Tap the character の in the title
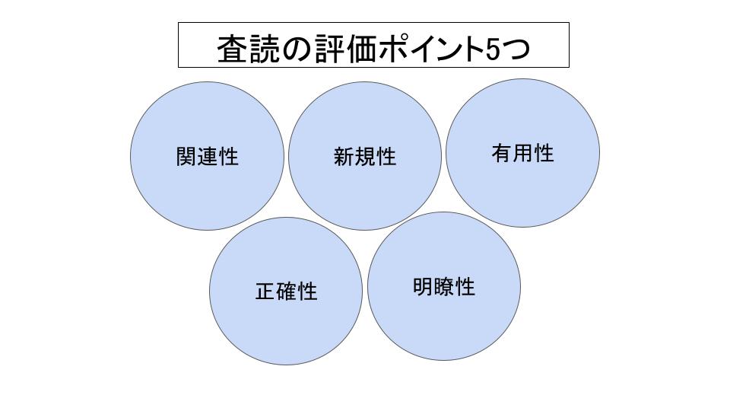tap(297, 49)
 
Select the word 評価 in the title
tap(345, 48)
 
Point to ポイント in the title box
tap(431, 48)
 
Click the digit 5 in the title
tap(493, 49)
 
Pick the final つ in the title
tap(516, 49)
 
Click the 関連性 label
tap(207, 156)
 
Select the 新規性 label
tap(365, 156)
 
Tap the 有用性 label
tap(523, 153)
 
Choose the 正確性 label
tap(287, 292)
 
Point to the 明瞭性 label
tap(444, 287)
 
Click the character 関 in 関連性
tap(186, 156)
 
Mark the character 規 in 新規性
tap(365, 156)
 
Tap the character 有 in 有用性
tap(502, 153)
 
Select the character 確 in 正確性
tap(287, 292)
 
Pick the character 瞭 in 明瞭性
tap(444, 287)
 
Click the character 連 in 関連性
tap(207, 156)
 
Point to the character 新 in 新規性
tap(344, 156)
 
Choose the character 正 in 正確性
tap(265, 292)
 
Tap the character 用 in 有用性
tap(523, 153)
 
